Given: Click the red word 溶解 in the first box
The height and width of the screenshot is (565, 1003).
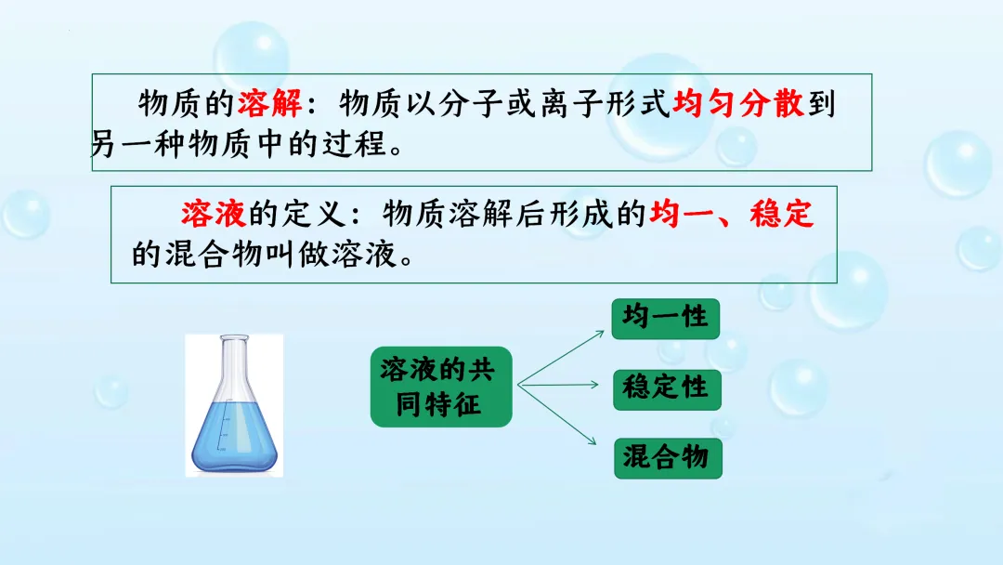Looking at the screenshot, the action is (269, 103).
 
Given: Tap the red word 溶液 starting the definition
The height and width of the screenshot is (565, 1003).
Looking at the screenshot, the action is (214, 214).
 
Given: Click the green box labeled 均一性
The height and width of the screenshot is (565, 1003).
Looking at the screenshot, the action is (666, 318).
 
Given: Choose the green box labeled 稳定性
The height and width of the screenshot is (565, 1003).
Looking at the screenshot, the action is (666, 388).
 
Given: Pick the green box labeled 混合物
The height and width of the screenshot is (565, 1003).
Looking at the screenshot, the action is (666, 457).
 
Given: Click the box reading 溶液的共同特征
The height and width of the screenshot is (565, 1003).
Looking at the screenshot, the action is (440, 388).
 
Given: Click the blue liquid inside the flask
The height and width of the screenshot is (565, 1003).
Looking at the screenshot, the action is (233, 437).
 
